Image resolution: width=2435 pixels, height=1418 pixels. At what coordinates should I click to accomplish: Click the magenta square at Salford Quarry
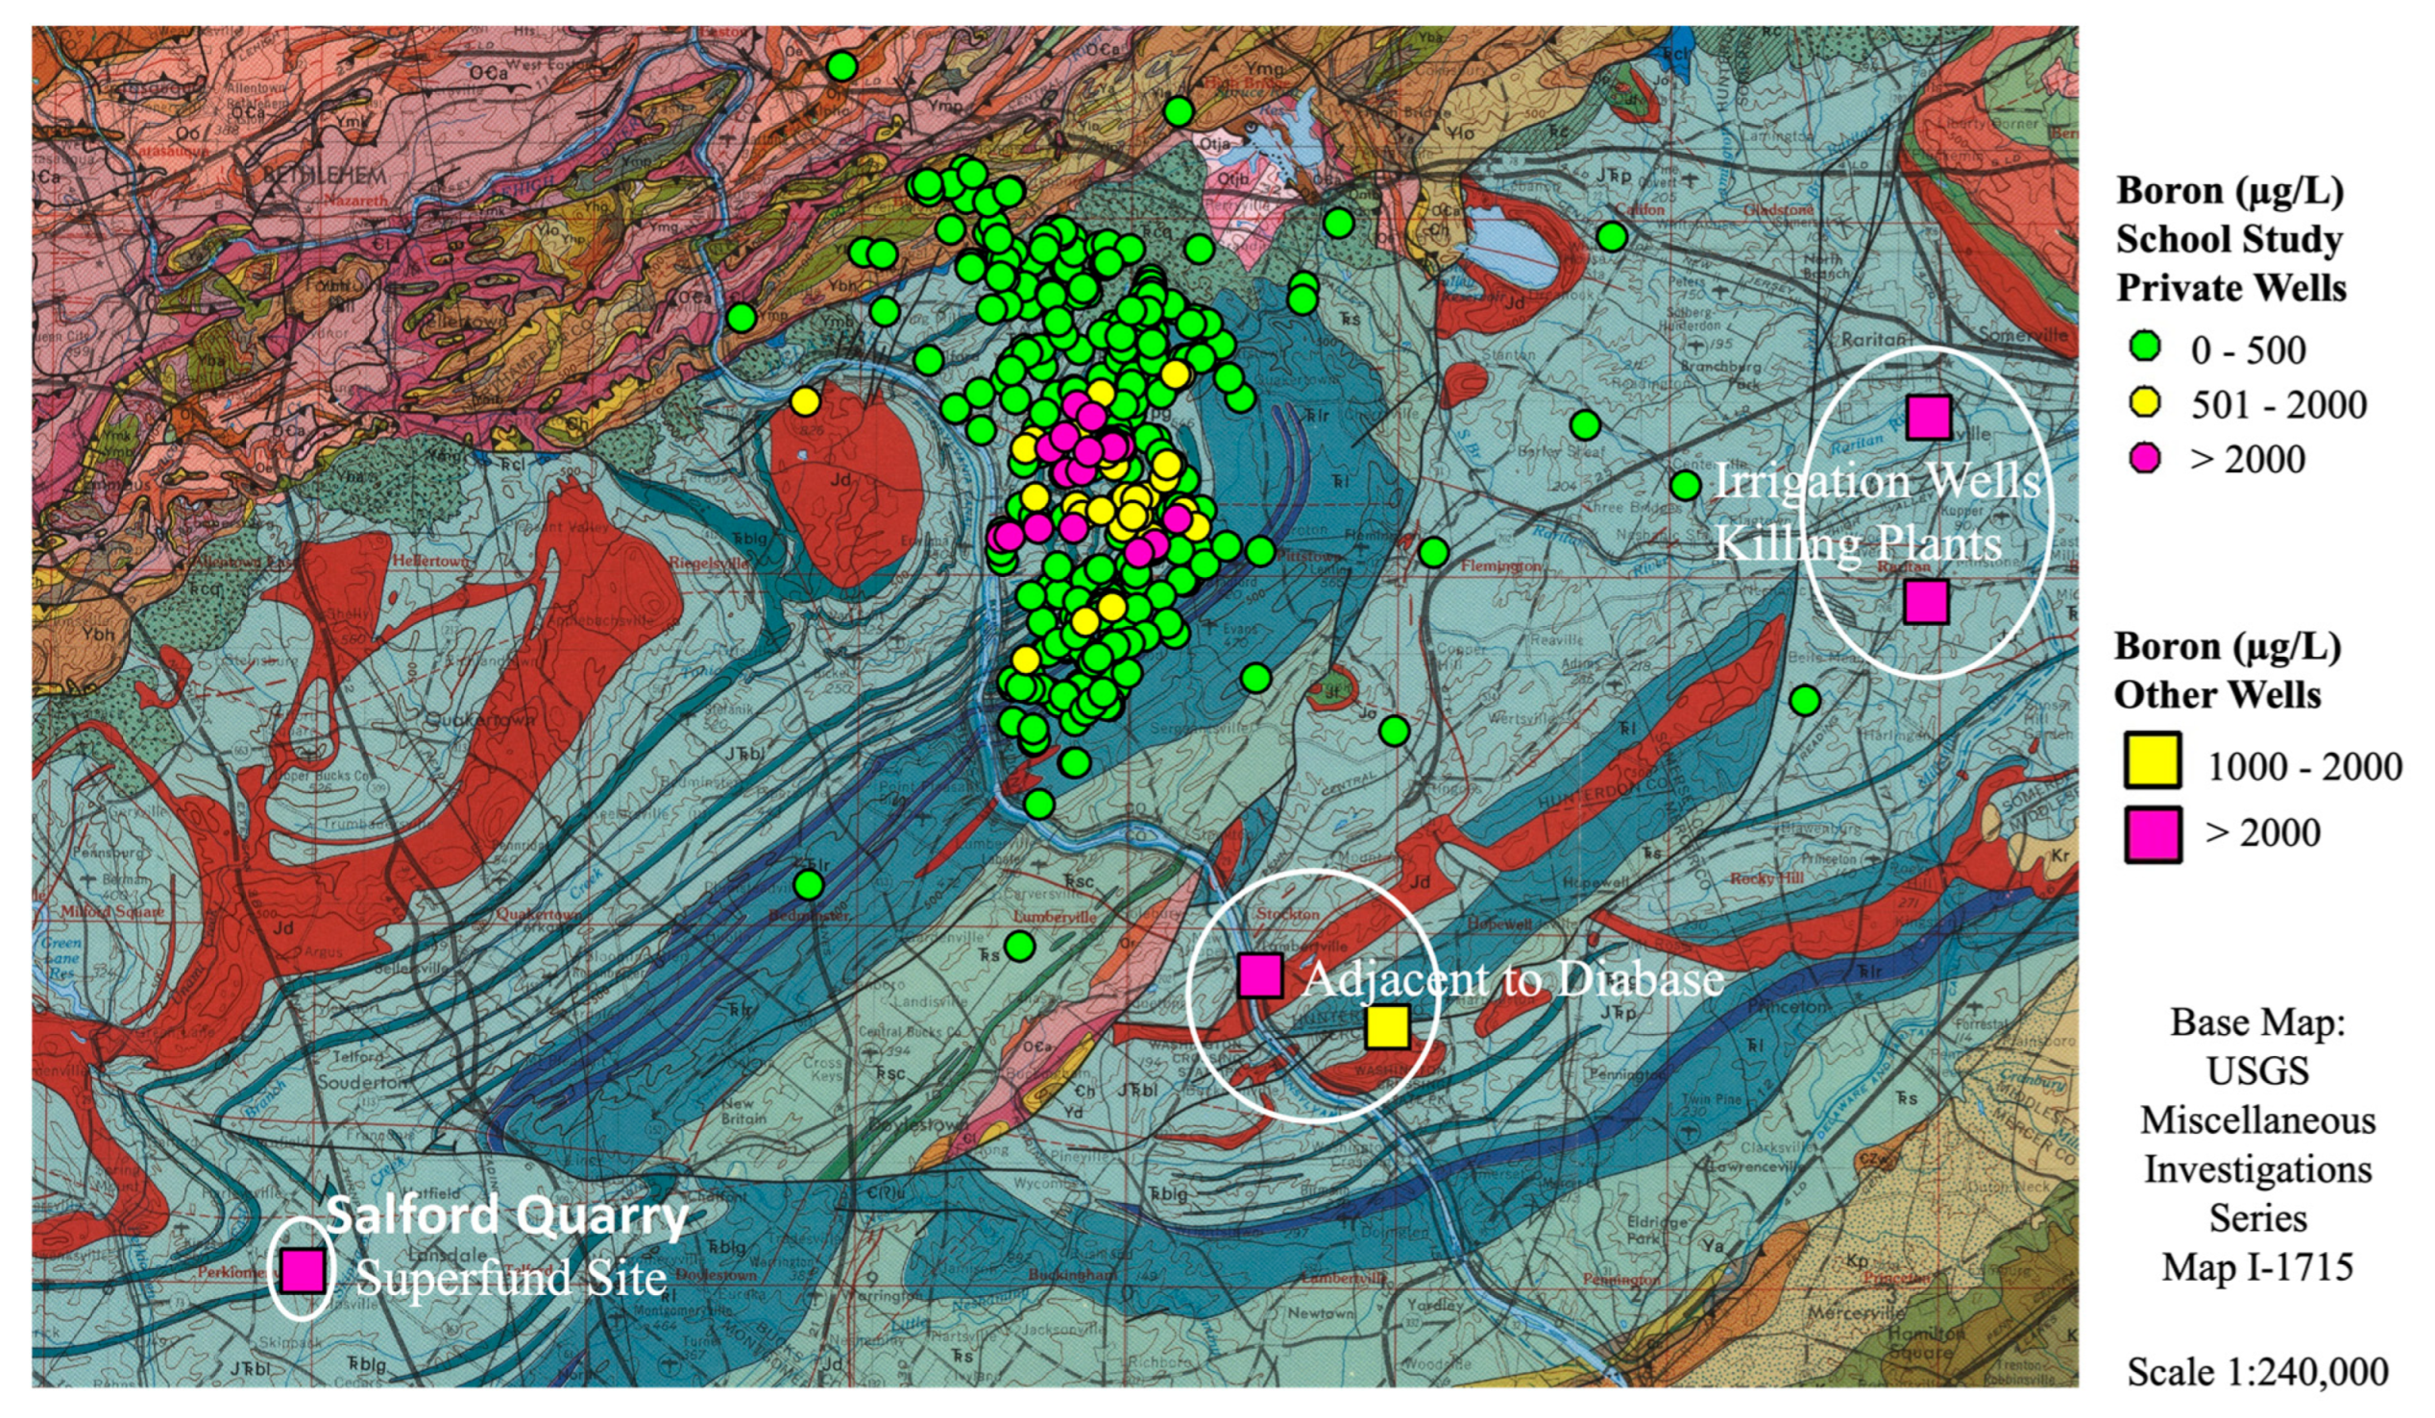(x=303, y=1270)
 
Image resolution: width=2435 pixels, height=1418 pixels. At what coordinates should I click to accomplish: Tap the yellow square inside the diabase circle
(x=1388, y=1027)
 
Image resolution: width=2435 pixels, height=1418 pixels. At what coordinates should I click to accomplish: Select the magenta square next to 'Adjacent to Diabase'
(x=1261, y=974)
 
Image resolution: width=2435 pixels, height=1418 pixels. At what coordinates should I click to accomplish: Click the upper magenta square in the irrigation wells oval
(x=1929, y=417)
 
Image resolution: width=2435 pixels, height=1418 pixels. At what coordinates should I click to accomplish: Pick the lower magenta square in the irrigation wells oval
(x=1926, y=601)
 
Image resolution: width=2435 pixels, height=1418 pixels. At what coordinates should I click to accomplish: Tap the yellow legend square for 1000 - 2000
(x=2152, y=760)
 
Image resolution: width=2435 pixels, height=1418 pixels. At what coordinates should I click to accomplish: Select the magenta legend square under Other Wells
(x=2152, y=833)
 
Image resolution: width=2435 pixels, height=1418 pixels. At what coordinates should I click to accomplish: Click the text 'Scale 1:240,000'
(x=2257, y=1372)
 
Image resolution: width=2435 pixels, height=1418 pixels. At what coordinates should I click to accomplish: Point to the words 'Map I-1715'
(x=2257, y=1266)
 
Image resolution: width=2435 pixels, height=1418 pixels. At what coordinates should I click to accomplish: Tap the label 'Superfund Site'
(x=511, y=1278)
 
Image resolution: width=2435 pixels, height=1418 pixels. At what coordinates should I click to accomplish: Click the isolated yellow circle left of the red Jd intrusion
(x=805, y=400)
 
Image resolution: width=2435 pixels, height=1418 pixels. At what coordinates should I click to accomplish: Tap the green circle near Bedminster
(x=809, y=883)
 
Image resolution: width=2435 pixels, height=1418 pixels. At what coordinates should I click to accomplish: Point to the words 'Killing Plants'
(x=1857, y=543)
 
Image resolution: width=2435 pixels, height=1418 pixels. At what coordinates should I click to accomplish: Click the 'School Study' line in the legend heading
(x=2229, y=240)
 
